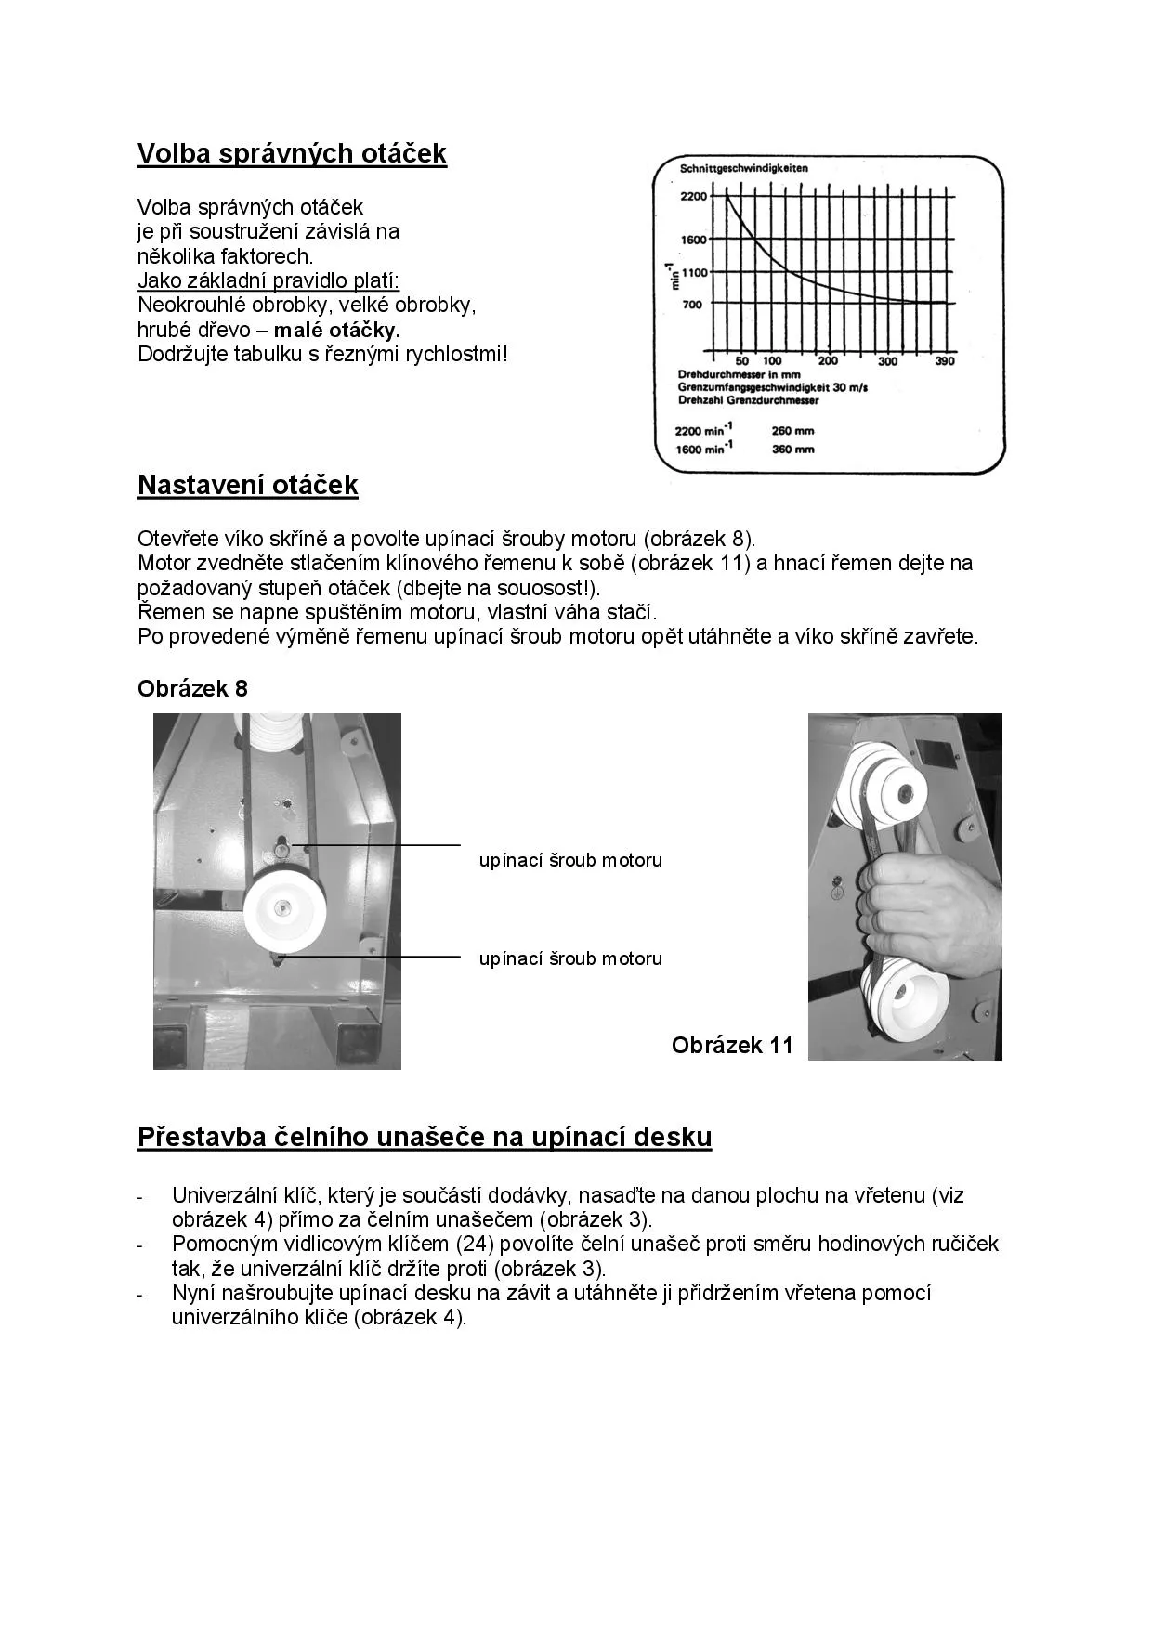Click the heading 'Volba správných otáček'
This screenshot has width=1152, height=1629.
(292, 154)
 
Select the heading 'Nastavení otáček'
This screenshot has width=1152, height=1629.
(247, 486)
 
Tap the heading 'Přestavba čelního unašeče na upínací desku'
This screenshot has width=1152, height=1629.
(425, 1137)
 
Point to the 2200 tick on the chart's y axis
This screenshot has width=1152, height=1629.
(693, 197)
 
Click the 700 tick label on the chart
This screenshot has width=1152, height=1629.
(692, 305)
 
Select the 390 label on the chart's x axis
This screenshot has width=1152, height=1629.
(944, 361)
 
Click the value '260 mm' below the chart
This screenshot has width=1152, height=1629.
(792, 431)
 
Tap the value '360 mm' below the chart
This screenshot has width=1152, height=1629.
(792, 450)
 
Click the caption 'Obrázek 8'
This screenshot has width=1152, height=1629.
(192, 689)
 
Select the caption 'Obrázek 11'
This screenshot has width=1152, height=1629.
(732, 1046)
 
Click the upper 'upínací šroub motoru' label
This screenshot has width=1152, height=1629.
(570, 861)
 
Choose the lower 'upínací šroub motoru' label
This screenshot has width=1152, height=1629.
(570, 959)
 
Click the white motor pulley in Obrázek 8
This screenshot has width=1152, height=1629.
(283, 912)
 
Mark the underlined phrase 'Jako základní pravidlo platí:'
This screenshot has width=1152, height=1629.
(268, 280)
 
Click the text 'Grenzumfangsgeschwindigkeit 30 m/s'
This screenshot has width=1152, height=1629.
(773, 388)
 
